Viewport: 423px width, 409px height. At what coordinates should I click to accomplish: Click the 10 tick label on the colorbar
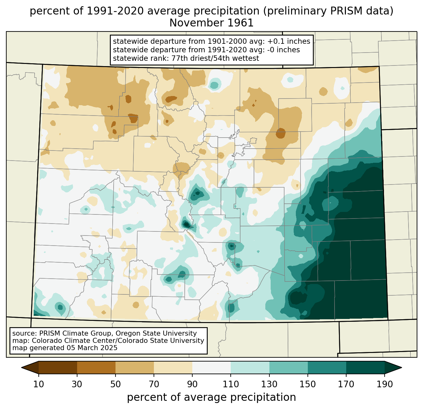pyautogui.click(x=38, y=384)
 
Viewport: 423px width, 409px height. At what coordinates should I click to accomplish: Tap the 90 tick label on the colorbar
pyautogui.click(x=192, y=384)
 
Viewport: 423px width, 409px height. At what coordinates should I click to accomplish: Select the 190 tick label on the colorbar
pyautogui.click(x=385, y=384)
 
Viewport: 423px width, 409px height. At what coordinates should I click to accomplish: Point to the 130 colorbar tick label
pyautogui.click(x=269, y=384)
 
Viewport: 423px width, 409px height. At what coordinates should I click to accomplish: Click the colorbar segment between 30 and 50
pyautogui.click(x=96, y=367)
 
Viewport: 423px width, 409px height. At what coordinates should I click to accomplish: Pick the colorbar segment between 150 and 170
pyautogui.click(x=327, y=367)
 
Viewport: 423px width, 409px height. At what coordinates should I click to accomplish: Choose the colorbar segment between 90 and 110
pyautogui.click(x=211, y=367)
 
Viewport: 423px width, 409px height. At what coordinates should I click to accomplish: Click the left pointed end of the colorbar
pyautogui.click(x=21, y=367)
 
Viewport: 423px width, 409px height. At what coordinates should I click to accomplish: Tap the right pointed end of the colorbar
pyautogui.click(x=402, y=367)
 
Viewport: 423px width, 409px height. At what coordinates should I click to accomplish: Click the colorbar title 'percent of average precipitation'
pyautogui.click(x=211, y=397)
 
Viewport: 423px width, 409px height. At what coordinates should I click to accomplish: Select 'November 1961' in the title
pyautogui.click(x=211, y=23)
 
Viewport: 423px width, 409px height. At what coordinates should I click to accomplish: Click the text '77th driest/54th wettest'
pyautogui.click(x=215, y=58)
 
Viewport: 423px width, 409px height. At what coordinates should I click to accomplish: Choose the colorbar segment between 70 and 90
pyautogui.click(x=173, y=367)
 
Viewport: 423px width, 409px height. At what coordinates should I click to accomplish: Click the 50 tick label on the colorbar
pyautogui.click(x=116, y=384)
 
